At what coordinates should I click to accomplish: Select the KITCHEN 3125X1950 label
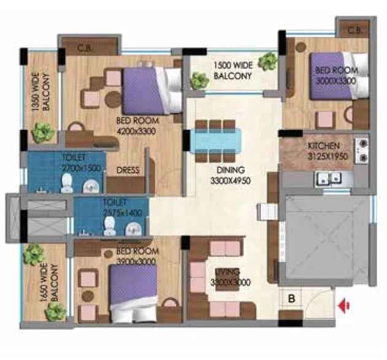coord(326,150)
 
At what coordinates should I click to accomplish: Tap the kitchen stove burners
coord(361,151)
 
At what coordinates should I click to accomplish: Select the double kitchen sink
coord(328,179)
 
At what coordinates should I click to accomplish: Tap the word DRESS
coord(128,170)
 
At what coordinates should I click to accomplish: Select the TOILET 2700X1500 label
coord(76,163)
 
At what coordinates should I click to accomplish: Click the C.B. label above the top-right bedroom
coord(354,30)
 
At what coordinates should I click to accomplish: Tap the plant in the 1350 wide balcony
coord(42,131)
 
